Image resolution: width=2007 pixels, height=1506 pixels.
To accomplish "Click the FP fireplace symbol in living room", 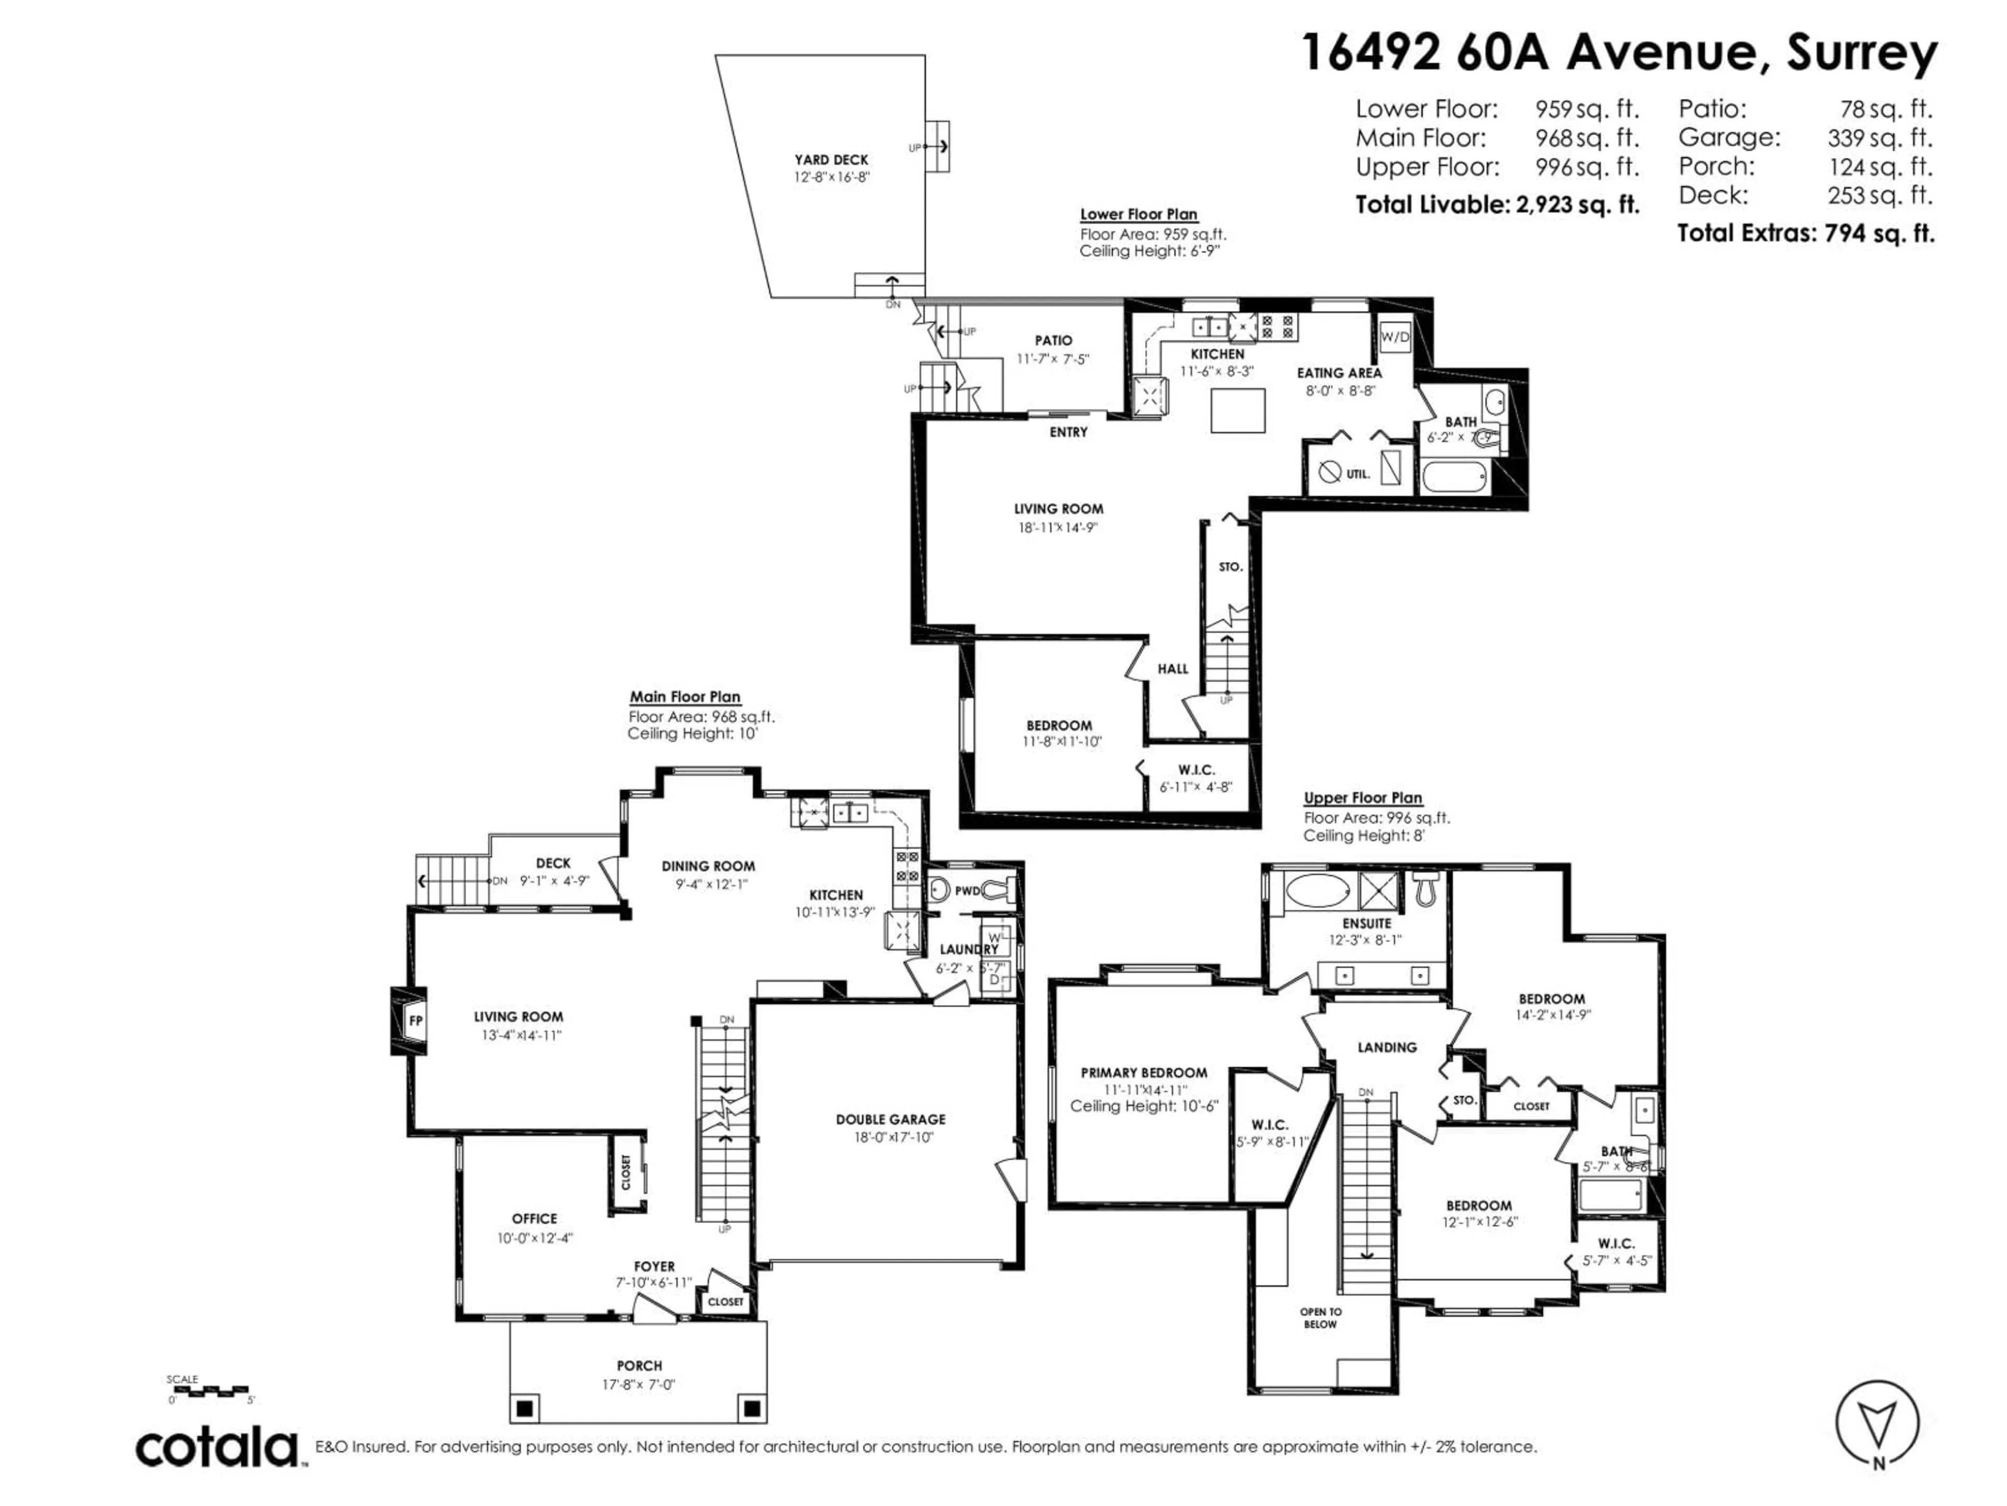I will [x=414, y=1020].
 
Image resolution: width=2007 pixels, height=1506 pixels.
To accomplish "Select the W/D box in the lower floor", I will [x=1395, y=337].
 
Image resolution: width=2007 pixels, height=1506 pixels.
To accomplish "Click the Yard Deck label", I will [x=831, y=160].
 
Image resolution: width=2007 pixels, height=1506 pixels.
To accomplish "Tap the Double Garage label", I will [x=890, y=1119].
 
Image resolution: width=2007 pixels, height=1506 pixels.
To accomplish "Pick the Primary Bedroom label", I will [x=1143, y=1073].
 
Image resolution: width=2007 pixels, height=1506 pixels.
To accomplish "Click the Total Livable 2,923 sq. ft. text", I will [x=1496, y=205].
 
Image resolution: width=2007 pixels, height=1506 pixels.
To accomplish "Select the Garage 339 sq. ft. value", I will [x=1879, y=138].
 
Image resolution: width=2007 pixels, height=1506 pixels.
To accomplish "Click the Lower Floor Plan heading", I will [x=1138, y=214].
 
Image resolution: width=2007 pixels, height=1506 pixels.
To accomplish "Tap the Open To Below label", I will [x=1320, y=1318].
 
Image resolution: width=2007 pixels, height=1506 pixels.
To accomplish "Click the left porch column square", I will [x=524, y=1409].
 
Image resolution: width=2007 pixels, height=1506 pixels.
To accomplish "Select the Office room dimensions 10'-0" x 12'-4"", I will [x=534, y=1238].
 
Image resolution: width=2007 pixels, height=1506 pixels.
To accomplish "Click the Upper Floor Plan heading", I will [x=1362, y=798].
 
